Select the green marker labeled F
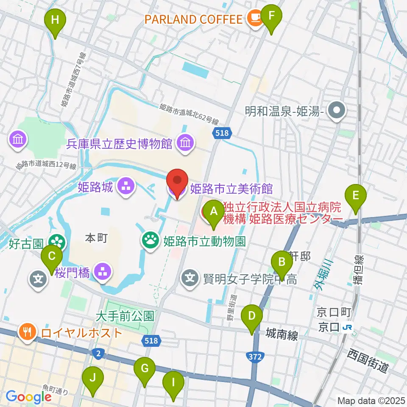point(271,17)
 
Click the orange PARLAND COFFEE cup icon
point(255,18)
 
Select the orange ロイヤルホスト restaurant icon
point(28,332)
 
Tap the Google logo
point(28,397)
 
